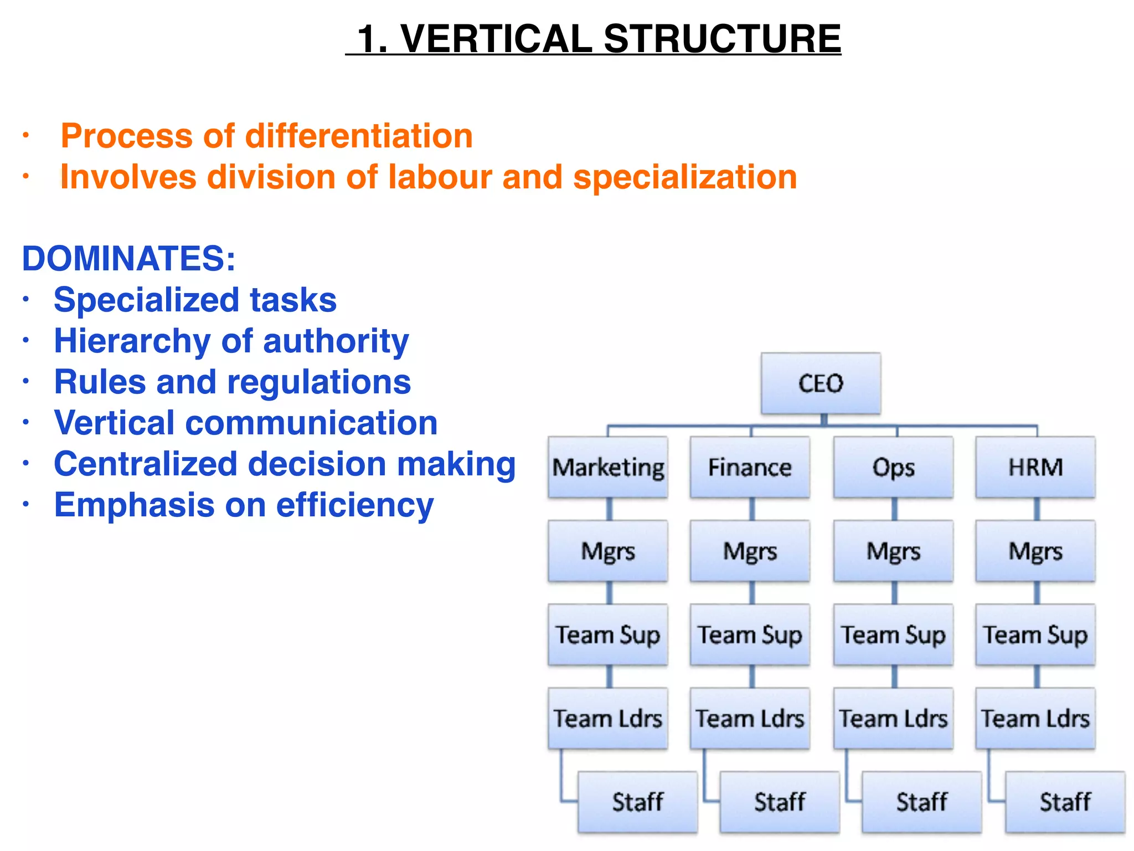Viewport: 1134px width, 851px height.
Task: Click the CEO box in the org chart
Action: [x=821, y=383]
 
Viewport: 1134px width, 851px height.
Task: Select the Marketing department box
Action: [x=608, y=467]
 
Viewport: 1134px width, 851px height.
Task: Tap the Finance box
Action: [x=750, y=467]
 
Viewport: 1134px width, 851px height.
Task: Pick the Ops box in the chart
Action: [x=893, y=467]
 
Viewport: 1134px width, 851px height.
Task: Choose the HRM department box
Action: [x=1035, y=467]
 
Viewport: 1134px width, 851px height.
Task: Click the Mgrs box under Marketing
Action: [x=608, y=551]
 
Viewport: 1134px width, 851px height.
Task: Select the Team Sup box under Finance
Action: [x=750, y=635]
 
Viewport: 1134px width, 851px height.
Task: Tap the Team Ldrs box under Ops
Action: [x=893, y=719]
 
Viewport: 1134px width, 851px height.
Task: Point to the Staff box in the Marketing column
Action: [x=638, y=802]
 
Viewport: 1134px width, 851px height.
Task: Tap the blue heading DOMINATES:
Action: [x=128, y=259]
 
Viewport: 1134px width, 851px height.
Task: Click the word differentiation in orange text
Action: [x=359, y=136]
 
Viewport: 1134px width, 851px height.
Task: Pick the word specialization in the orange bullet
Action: [x=685, y=177]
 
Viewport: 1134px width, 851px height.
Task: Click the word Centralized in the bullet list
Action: [x=146, y=464]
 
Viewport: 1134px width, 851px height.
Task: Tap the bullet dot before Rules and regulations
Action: [x=25, y=382]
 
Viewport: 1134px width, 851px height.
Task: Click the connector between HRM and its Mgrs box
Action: [x=1037, y=509]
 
